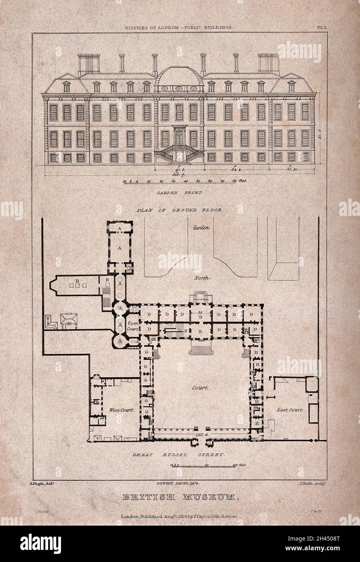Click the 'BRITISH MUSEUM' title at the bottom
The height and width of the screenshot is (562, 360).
coord(178,497)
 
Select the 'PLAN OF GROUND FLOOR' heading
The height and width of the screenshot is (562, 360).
coord(180,210)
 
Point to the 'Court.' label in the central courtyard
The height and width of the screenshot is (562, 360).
coord(200,388)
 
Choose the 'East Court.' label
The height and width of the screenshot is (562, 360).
coord(290,410)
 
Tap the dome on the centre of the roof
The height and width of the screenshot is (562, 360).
coord(179,77)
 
